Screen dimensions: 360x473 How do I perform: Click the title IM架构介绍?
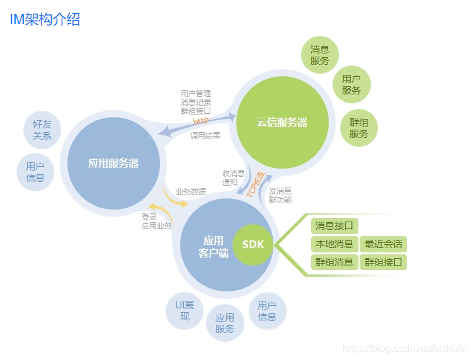(x=45, y=19)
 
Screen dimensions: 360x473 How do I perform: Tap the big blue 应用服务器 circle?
(x=113, y=163)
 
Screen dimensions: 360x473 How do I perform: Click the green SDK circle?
(x=253, y=244)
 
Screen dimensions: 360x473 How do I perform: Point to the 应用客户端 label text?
(x=213, y=246)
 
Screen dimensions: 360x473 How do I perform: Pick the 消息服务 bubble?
(x=320, y=55)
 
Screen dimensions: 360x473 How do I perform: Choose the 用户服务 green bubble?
(x=351, y=84)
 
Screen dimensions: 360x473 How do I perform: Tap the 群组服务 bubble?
(x=358, y=128)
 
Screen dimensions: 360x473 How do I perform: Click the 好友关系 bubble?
(x=42, y=130)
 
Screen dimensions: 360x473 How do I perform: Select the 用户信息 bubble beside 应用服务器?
(x=35, y=172)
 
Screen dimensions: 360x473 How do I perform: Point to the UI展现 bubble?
(x=185, y=311)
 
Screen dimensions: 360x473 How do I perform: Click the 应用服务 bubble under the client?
(x=225, y=323)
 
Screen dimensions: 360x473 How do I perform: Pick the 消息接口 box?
(x=334, y=225)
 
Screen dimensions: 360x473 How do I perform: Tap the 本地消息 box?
(x=334, y=244)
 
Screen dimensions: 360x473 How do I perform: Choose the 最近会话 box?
(x=383, y=244)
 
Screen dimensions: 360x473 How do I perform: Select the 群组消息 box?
(x=334, y=262)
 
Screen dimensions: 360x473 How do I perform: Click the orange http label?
(x=201, y=120)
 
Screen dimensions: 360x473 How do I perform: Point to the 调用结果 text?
(x=205, y=135)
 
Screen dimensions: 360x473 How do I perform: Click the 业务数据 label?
(x=191, y=191)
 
